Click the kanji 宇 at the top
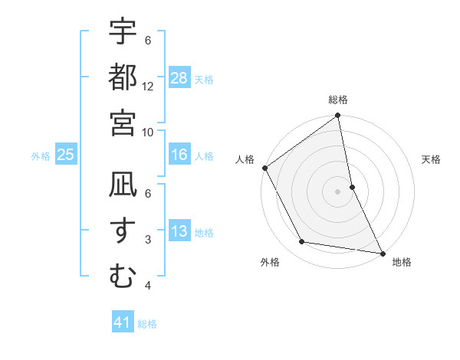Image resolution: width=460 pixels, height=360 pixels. tap(123, 31)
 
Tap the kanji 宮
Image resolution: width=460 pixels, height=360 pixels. tap(123, 121)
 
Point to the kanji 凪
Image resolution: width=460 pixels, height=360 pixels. tap(123, 185)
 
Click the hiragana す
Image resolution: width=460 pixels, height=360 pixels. tap(123, 229)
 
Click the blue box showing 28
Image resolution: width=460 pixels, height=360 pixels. tap(179, 77)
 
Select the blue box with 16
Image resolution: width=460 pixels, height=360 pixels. tap(179, 155)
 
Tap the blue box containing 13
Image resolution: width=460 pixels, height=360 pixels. tap(179, 231)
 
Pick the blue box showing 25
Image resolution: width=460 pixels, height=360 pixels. tap(66, 155)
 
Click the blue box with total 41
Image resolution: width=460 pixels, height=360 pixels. tap(123, 322)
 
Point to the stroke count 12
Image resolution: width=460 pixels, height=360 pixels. tap(148, 87)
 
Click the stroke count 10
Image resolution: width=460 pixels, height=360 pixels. tap(148, 132)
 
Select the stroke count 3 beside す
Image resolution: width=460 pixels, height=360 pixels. tap(148, 240)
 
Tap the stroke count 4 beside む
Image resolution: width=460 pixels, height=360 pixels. tap(148, 286)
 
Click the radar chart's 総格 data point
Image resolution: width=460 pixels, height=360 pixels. tap(338, 116)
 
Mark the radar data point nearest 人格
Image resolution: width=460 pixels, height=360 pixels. tap(265, 168)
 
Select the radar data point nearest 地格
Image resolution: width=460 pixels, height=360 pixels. tap(381, 252)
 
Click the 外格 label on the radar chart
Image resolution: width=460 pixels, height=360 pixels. tap(270, 263)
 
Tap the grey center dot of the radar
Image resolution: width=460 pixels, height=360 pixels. tap(338, 191)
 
